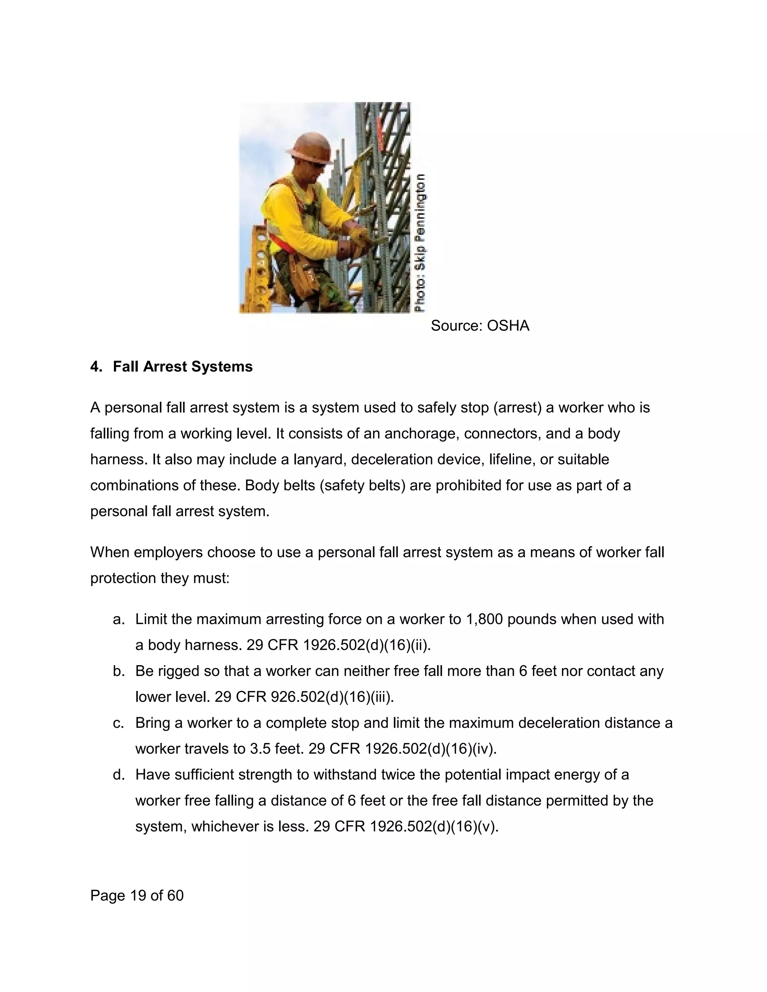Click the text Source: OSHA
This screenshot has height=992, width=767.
pyautogui.click(x=480, y=326)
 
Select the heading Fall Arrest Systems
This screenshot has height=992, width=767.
pyautogui.click(x=183, y=366)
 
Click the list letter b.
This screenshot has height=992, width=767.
pyautogui.click(x=119, y=671)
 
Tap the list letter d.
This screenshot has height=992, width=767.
pyautogui.click(x=119, y=775)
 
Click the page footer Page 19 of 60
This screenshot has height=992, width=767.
pyautogui.click(x=137, y=895)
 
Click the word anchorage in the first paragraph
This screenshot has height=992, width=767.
pyautogui.click(x=417, y=434)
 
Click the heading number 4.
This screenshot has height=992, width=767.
pyautogui.click(x=95, y=366)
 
